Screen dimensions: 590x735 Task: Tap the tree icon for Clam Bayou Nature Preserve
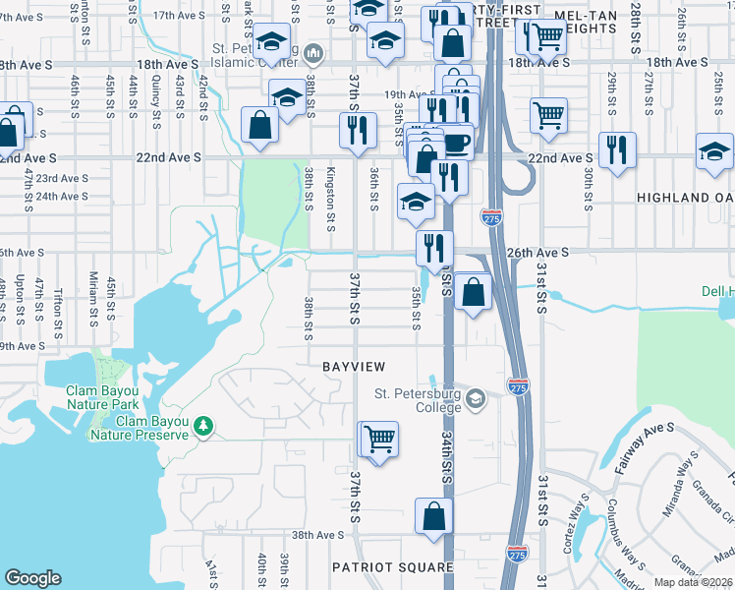pyautogui.click(x=203, y=426)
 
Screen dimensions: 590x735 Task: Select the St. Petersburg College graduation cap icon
pyautogui.click(x=477, y=397)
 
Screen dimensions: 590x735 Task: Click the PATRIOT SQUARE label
pyautogui.click(x=392, y=567)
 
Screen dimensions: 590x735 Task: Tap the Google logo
pyautogui.click(x=32, y=577)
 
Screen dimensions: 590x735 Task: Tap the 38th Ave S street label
pyautogui.click(x=315, y=536)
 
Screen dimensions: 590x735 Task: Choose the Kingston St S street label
pyautogui.click(x=330, y=195)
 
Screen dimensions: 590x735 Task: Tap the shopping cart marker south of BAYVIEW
pyautogui.click(x=379, y=439)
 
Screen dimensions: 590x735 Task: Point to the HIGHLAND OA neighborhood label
pyautogui.click(x=685, y=198)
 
